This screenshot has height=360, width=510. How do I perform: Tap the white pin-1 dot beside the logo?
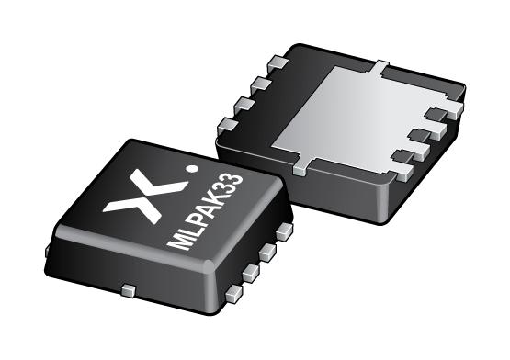point(191,169)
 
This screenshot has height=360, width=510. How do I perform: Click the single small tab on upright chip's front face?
point(130,290)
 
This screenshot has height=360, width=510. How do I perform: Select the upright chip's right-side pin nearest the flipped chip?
point(282,233)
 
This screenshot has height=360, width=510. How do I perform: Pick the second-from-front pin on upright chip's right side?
point(253,271)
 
